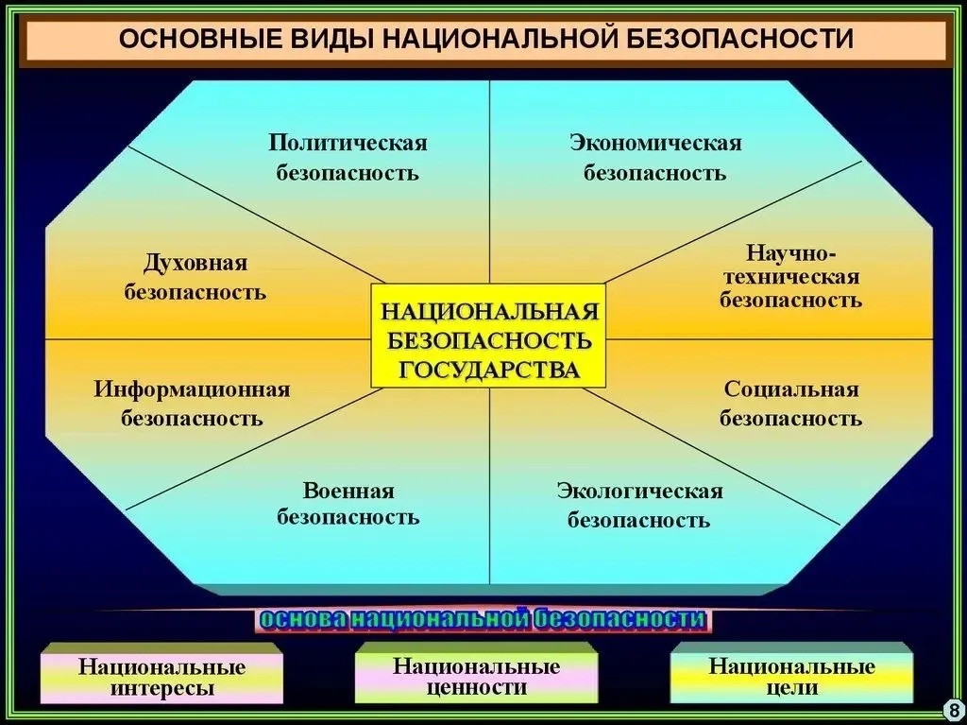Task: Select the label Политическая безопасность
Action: point(348,158)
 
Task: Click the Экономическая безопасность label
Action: point(655,158)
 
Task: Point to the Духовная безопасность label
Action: point(195,277)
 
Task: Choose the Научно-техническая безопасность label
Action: point(790,276)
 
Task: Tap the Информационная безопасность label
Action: point(192,404)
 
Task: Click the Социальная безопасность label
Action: point(790,404)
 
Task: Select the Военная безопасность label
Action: point(348,503)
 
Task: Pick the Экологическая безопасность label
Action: point(639,505)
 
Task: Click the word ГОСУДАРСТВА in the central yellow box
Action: point(490,370)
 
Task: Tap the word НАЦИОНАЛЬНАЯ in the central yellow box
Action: point(490,311)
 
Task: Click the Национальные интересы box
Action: point(161,674)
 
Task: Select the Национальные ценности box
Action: point(476,673)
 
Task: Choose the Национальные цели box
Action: point(791,673)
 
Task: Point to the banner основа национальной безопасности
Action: point(483,619)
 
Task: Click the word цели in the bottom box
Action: point(792,688)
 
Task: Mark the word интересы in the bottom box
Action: point(162,688)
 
